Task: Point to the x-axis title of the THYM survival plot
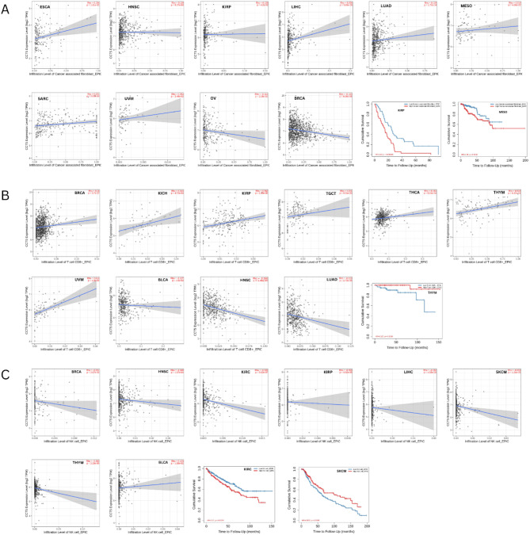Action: coord(406,360)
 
